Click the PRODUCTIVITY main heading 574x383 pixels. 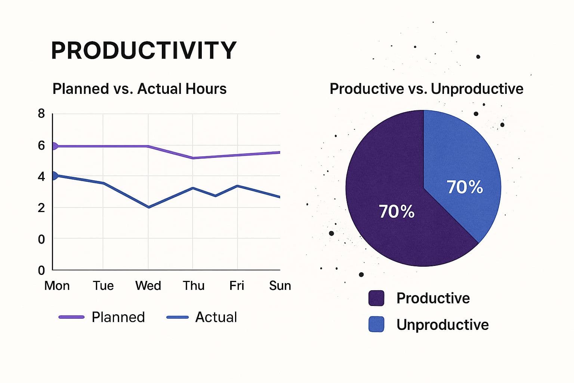click(x=144, y=50)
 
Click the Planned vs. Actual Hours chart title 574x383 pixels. click(x=139, y=89)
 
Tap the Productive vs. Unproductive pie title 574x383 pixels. click(x=426, y=89)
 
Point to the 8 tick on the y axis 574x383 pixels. click(x=41, y=114)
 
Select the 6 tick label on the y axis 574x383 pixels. click(x=41, y=145)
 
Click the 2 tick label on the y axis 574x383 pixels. click(x=41, y=208)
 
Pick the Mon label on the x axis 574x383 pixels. click(x=57, y=286)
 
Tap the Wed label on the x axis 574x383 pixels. click(x=148, y=286)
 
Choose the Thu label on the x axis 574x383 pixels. click(x=194, y=286)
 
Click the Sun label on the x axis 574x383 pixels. click(x=280, y=286)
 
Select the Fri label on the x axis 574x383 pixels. click(x=237, y=286)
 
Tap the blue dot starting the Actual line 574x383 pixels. click(x=54, y=175)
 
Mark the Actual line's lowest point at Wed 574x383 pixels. click(x=149, y=207)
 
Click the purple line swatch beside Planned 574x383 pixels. click(x=71, y=317)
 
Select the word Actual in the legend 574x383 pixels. click(x=216, y=317)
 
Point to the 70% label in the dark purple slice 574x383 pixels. click(x=396, y=212)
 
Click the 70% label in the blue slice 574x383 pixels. click(x=465, y=187)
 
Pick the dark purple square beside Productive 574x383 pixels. click(x=376, y=298)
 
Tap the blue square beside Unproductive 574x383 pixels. click(x=376, y=324)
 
